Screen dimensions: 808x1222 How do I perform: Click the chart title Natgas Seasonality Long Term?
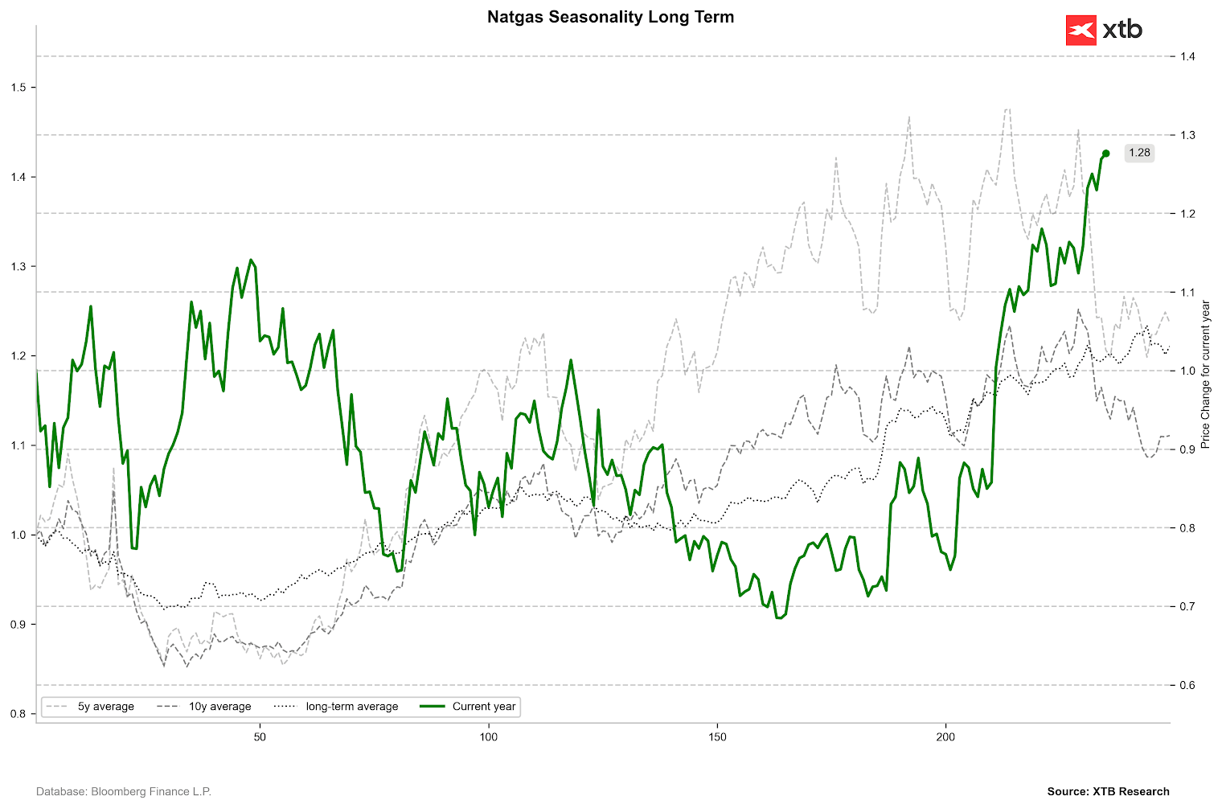(610, 17)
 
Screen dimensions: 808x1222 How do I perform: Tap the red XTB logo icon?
(1081, 31)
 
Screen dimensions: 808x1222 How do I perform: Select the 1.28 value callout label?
(1138, 153)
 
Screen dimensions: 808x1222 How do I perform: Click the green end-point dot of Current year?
(1105, 154)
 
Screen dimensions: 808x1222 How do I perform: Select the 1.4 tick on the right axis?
(1187, 56)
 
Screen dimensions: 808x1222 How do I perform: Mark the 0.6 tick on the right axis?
(1187, 685)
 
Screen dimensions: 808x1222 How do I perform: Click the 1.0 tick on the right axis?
(1187, 371)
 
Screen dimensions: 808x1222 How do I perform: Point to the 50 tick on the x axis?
(260, 736)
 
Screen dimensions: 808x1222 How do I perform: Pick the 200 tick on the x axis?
(946, 736)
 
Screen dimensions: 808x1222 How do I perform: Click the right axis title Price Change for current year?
(1205, 374)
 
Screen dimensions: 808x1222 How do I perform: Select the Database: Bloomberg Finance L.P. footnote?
(124, 792)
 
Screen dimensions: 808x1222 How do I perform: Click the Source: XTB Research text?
(1108, 792)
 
